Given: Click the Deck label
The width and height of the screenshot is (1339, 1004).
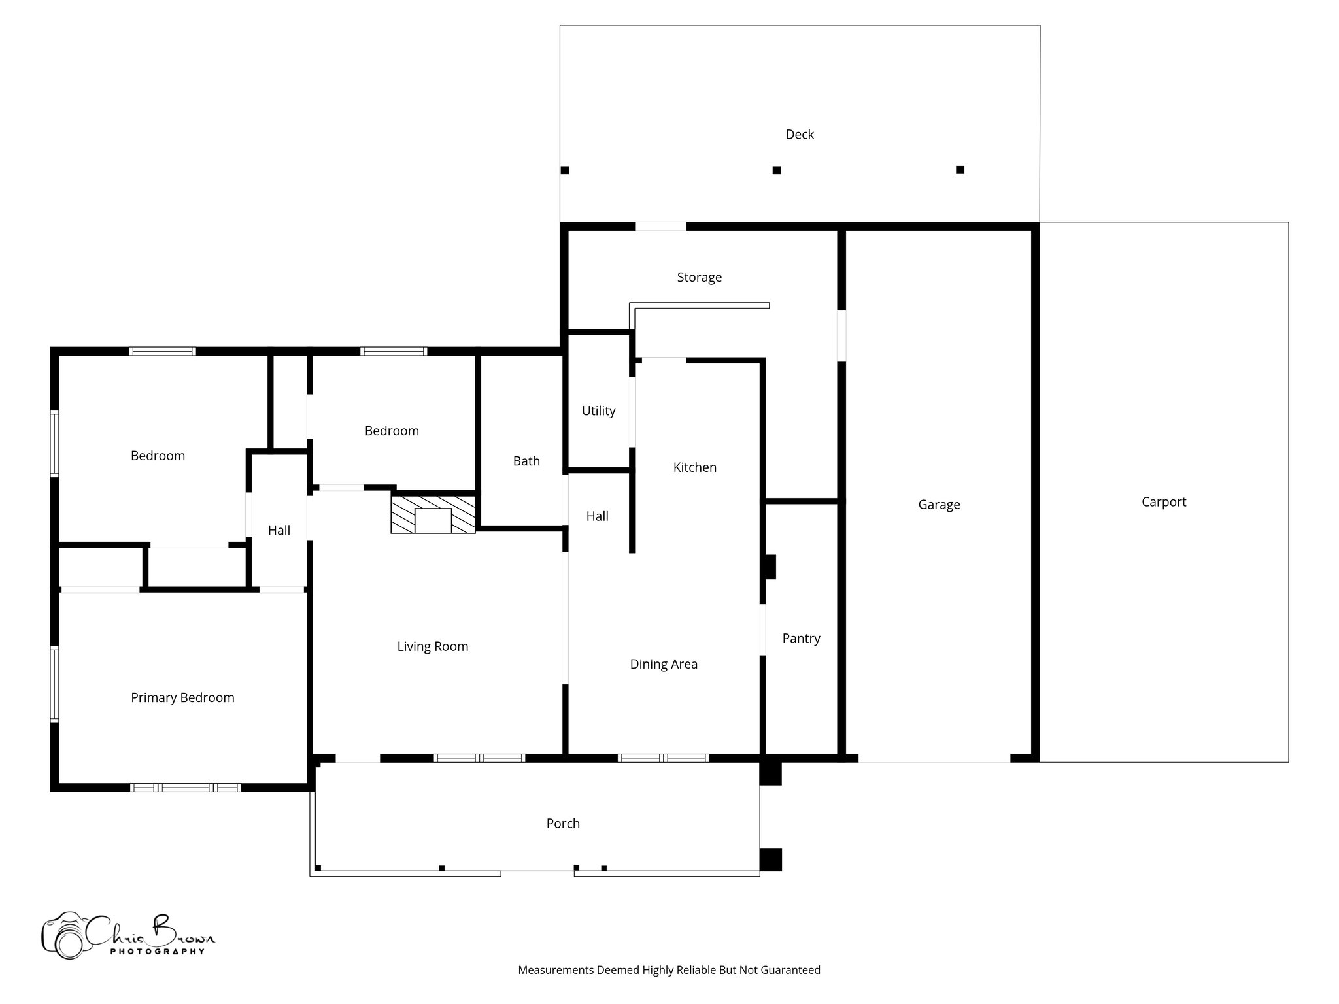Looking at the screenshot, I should click(x=800, y=135).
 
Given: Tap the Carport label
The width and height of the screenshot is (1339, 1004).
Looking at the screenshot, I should click(x=1163, y=502).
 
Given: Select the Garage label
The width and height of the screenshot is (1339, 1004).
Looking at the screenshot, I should click(x=939, y=505).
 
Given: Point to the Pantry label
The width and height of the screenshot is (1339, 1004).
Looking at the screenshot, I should click(x=801, y=639).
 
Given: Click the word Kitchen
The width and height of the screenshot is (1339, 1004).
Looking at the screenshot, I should click(x=694, y=467).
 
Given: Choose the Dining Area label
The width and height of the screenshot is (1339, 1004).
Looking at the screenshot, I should click(x=664, y=664).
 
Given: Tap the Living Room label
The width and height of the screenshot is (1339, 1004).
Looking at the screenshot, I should click(x=432, y=646).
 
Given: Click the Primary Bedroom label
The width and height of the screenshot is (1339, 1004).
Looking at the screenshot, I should click(x=182, y=697).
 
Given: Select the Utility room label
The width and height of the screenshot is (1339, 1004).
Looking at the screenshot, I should click(x=598, y=411).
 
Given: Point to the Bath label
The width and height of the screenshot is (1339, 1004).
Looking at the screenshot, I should click(x=526, y=461).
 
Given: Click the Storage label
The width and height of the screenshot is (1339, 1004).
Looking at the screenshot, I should click(x=699, y=277).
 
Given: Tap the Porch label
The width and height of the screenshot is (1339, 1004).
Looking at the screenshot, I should click(x=563, y=824).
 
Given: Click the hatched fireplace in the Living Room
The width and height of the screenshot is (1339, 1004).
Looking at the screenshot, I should click(x=433, y=514).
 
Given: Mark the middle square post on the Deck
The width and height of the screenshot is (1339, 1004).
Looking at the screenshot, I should click(x=777, y=170).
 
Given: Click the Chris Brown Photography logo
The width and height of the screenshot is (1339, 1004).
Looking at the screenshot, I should click(x=127, y=935).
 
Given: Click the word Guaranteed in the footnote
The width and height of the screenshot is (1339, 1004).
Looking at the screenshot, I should click(x=792, y=970).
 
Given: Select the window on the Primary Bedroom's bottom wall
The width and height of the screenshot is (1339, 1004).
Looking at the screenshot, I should click(x=186, y=788).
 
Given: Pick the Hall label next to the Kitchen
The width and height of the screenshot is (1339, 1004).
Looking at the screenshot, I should click(x=597, y=516).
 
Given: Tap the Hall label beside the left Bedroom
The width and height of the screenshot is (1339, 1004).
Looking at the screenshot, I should click(x=279, y=530).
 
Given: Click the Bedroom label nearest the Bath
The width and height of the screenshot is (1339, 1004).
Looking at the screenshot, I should click(x=392, y=431).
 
